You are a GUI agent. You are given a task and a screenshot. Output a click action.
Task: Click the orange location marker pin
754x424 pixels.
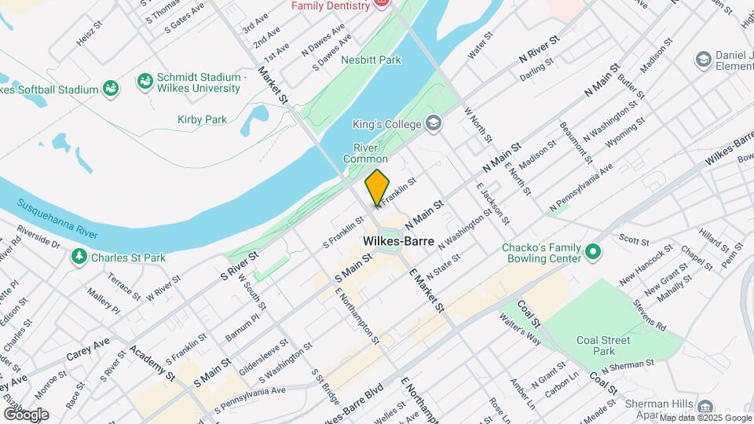(377, 187)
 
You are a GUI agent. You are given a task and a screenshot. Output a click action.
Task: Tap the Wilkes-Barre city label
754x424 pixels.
(398, 241)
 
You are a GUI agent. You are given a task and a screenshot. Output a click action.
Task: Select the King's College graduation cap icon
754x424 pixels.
(433, 123)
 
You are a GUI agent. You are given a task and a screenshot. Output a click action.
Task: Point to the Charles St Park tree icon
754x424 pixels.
(79, 257)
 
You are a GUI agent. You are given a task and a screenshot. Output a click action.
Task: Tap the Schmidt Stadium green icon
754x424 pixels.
(145, 82)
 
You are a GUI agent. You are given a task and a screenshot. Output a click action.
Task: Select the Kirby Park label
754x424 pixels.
(202, 119)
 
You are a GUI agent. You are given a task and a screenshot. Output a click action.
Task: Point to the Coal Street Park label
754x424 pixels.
(603, 345)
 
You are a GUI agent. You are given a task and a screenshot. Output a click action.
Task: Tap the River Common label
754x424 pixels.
(365, 153)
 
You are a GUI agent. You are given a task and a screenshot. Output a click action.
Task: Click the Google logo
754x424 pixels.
(26, 414)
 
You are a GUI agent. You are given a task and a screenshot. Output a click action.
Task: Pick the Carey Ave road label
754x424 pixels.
(88, 347)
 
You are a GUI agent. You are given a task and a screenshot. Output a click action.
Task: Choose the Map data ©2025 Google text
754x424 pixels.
(705, 418)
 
